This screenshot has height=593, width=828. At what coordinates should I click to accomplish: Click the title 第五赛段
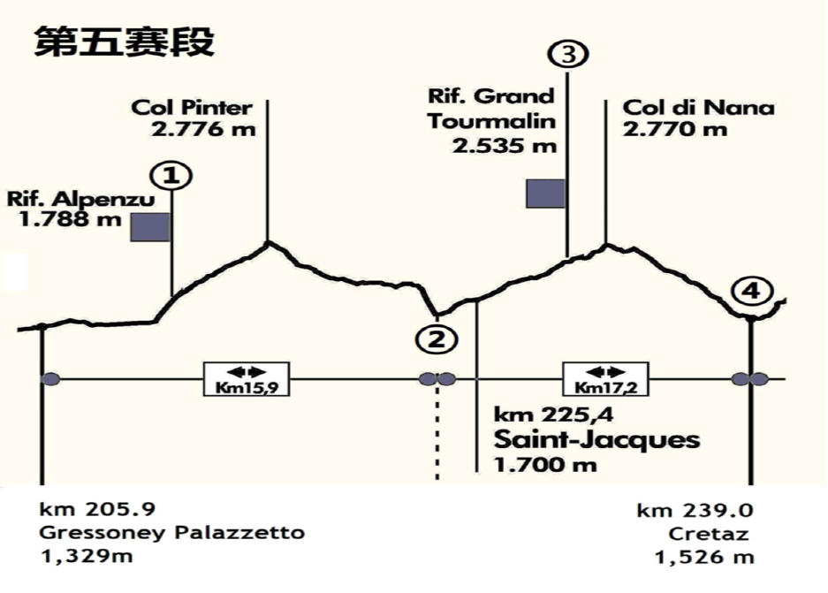pyautogui.click(x=124, y=42)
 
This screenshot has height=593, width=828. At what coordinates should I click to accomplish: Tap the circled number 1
pyautogui.click(x=172, y=176)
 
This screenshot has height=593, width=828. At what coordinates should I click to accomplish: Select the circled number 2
pyautogui.click(x=437, y=338)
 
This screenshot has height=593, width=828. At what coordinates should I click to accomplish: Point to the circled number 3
pyautogui.click(x=567, y=55)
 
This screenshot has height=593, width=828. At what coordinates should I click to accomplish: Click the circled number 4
pyautogui.click(x=751, y=291)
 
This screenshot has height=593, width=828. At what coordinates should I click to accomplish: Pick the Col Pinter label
pyautogui.click(x=192, y=108)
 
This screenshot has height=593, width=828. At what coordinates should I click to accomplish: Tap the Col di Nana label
pyautogui.click(x=698, y=108)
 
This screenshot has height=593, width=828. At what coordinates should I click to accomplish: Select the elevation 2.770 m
pyautogui.click(x=675, y=129)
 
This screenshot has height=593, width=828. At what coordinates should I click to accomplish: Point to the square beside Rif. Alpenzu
pyautogui.click(x=149, y=227)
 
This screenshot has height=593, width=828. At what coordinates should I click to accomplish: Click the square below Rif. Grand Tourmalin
pyautogui.click(x=545, y=193)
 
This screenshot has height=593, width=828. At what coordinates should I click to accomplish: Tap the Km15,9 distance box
pyautogui.click(x=247, y=379)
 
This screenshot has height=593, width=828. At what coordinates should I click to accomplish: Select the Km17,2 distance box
pyautogui.click(x=605, y=379)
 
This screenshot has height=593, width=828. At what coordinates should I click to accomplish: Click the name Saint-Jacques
pyautogui.click(x=596, y=439)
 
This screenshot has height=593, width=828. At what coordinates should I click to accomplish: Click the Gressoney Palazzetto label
pyautogui.click(x=172, y=533)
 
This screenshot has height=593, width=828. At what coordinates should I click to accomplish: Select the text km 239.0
pyautogui.click(x=695, y=511)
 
